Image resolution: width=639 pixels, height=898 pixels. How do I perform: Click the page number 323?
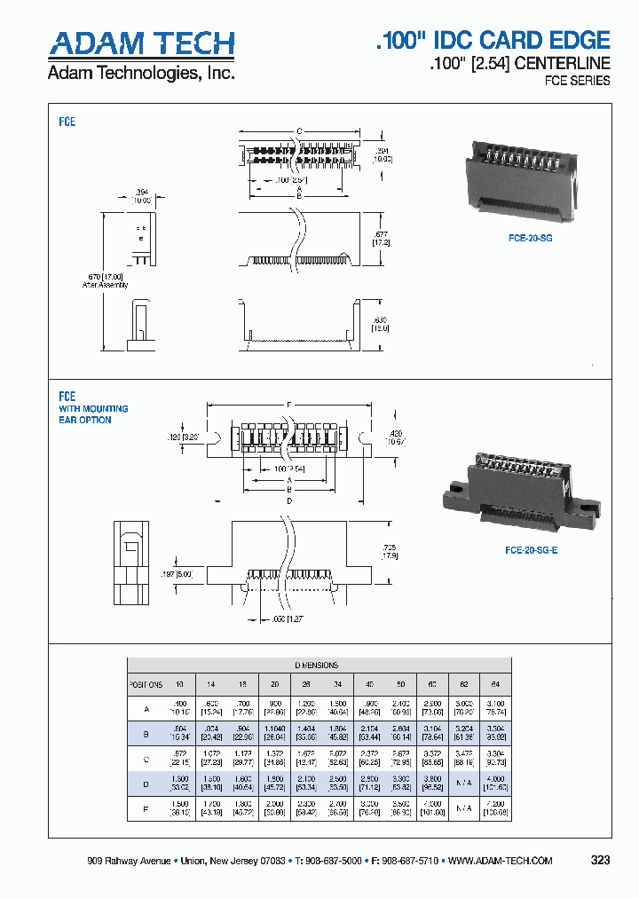600,861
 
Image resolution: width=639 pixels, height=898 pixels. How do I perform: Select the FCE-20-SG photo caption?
531,239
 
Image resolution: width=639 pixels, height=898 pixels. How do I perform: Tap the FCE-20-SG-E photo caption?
531,550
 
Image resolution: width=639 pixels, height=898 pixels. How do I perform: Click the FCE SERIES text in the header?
577,81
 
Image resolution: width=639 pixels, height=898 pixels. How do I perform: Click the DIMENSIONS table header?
316,665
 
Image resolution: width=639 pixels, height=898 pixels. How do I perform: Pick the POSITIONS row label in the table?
146,685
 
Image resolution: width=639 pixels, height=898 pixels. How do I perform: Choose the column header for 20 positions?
274,685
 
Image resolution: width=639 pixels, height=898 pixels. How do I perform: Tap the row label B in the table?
146,734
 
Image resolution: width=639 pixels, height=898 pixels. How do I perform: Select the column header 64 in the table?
496,685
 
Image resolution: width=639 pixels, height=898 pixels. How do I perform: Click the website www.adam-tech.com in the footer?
501,861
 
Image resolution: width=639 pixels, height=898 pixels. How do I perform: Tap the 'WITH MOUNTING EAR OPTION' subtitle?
93,414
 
